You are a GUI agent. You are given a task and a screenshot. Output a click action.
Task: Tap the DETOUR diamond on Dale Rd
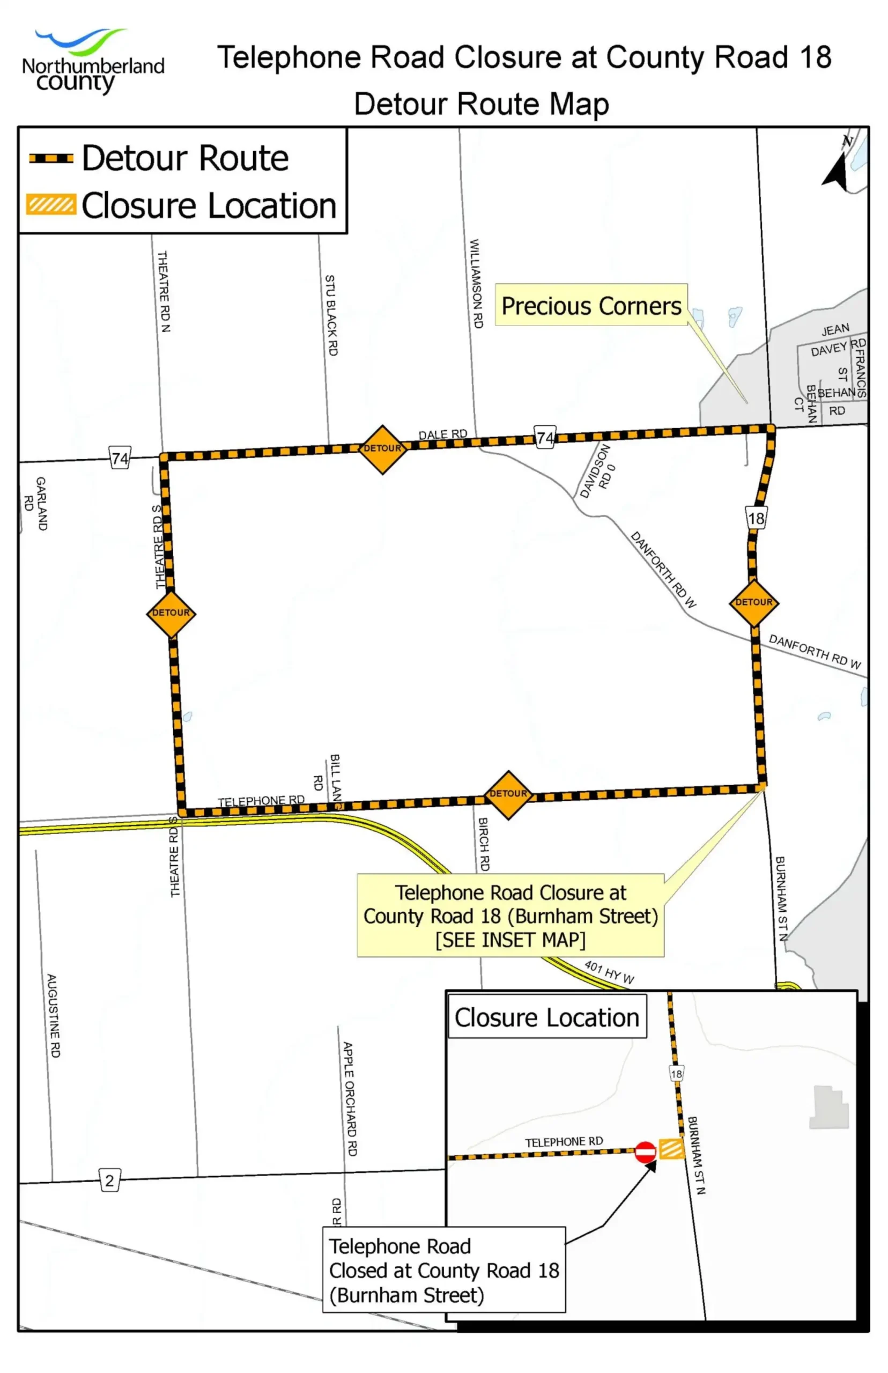tap(382, 449)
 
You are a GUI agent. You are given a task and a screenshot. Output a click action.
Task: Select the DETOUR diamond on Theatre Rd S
tap(171, 613)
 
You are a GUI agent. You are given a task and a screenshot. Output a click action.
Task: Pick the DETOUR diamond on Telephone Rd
tap(507, 795)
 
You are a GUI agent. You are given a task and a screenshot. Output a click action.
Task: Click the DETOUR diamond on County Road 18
tap(753, 603)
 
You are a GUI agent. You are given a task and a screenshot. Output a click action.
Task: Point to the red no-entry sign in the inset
tap(645, 1152)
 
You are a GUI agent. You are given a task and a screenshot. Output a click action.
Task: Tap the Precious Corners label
tap(591, 306)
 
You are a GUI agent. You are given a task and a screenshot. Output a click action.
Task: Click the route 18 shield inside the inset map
tap(676, 1074)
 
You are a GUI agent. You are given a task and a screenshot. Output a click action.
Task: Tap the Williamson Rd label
tap(476, 284)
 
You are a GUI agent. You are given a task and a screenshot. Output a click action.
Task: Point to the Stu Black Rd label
tap(331, 315)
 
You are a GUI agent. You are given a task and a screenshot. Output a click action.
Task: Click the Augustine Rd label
tap(53, 1015)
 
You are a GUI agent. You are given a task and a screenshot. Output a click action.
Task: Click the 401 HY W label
tap(609, 972)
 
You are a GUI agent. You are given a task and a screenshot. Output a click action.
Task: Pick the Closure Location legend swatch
tap(51, 205)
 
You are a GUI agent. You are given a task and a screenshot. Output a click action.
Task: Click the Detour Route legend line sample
tap(51, 158)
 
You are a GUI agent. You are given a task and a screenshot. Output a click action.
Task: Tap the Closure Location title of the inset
tap(546, 1018)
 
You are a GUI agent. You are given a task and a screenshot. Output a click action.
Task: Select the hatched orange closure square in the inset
tap(671, 1149)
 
